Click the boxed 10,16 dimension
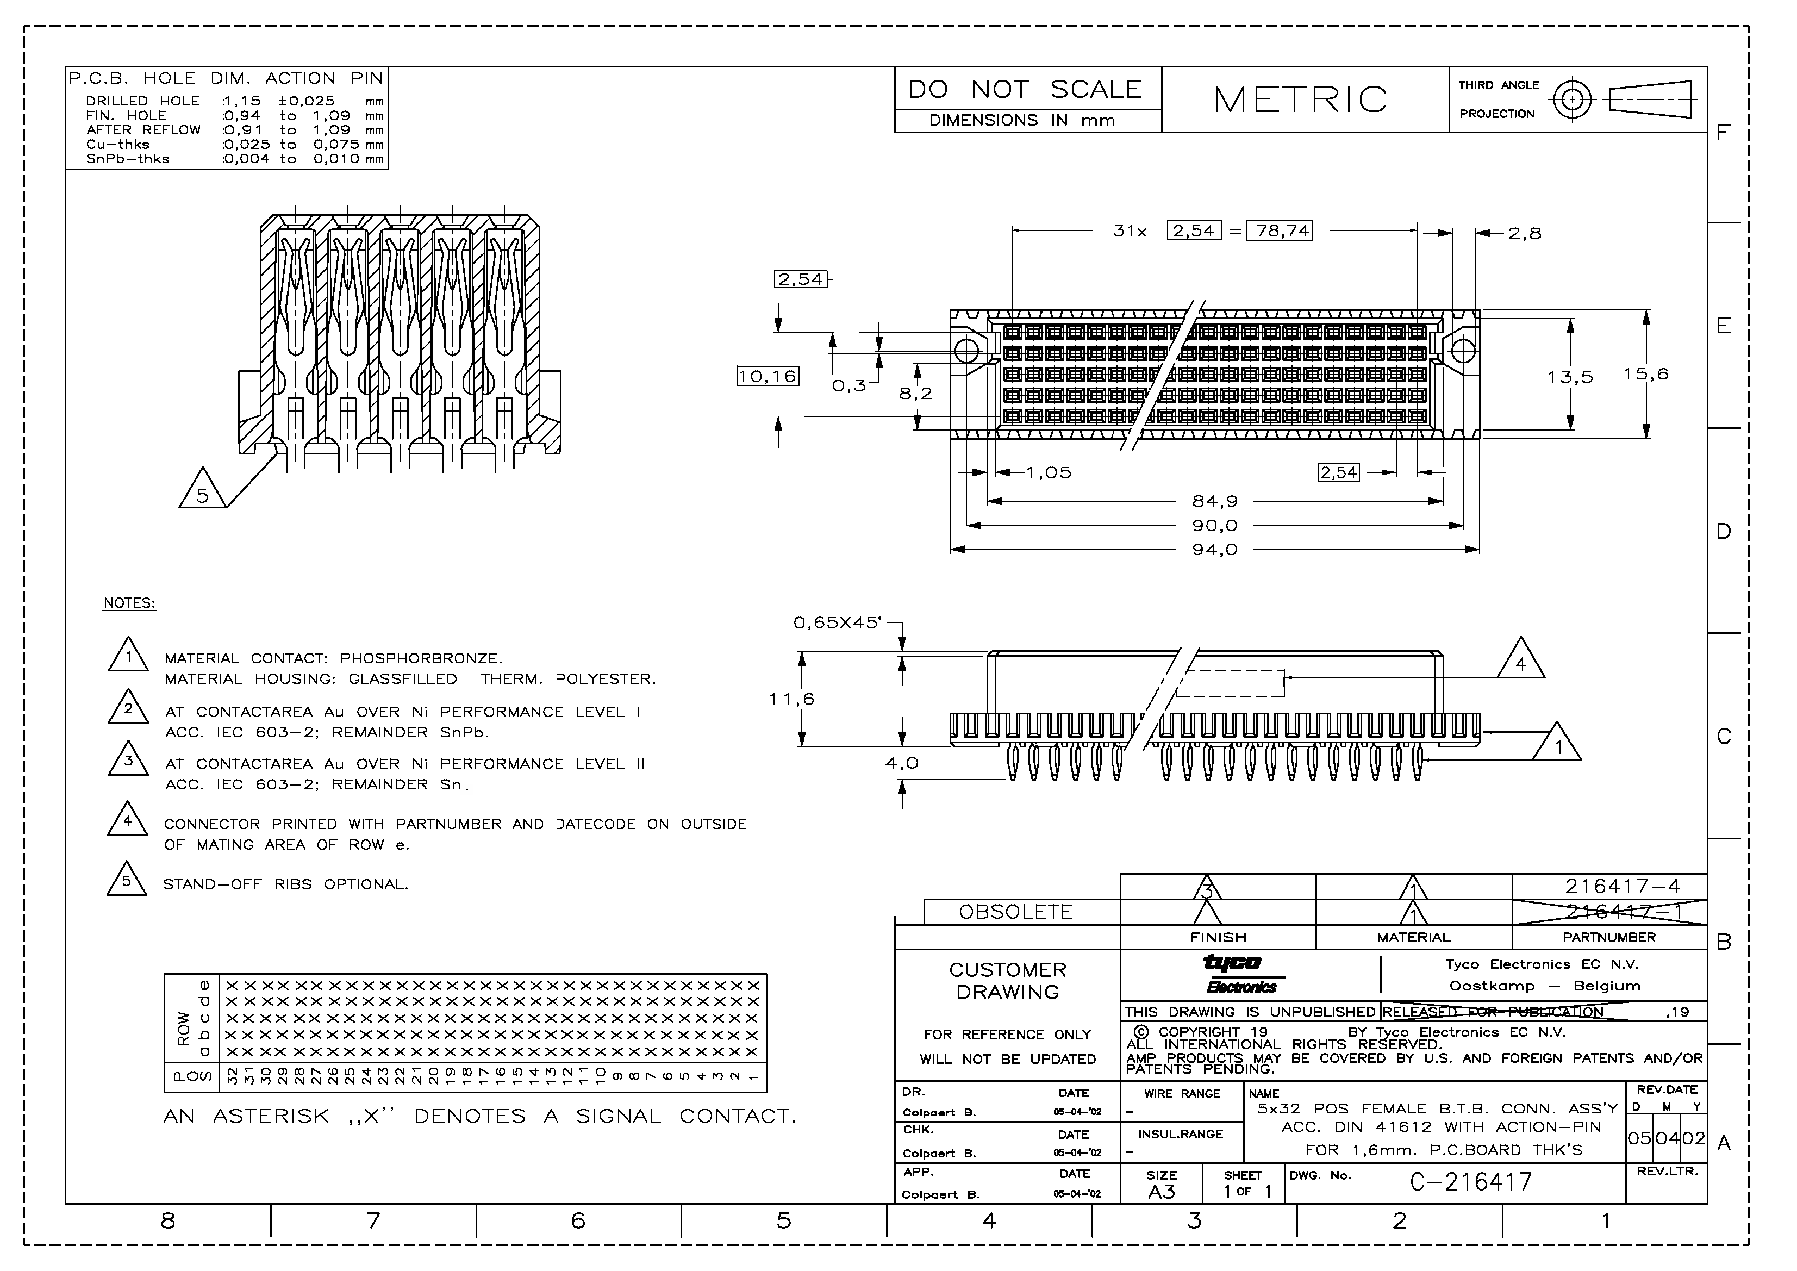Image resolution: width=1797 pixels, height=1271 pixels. pos(767,376)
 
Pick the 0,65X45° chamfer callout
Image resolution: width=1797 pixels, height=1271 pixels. pos(837,623)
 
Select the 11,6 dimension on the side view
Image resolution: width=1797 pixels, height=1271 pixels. pos(791,699)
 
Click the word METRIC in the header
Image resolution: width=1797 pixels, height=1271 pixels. pos(1300,99)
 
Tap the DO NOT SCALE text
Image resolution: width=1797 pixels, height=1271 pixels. pos(1025,89)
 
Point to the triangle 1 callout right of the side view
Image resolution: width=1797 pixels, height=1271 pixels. pos(1557,746)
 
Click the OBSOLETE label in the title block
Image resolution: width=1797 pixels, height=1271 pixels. pos(1015,912)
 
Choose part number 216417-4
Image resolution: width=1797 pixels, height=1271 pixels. pos(1621,887)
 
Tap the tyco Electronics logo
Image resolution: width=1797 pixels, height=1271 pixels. pos(1240,974)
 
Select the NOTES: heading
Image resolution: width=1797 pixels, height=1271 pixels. pos(129,603)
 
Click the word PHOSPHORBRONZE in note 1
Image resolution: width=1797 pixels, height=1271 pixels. pos(420,658)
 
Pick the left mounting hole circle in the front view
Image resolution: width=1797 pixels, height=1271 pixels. pos(968,351)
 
